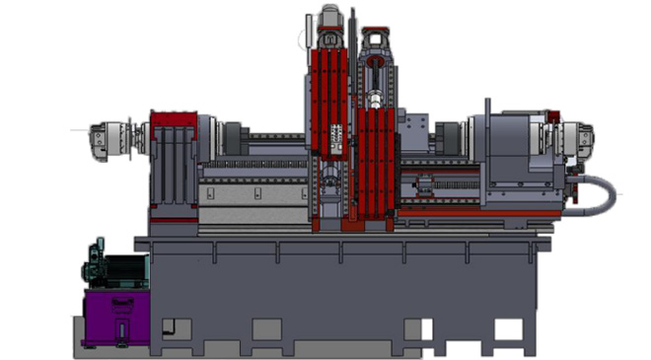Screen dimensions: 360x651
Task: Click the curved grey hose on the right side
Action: (x=604, y=196)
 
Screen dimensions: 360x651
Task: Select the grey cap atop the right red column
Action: (x=376, y=41)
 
